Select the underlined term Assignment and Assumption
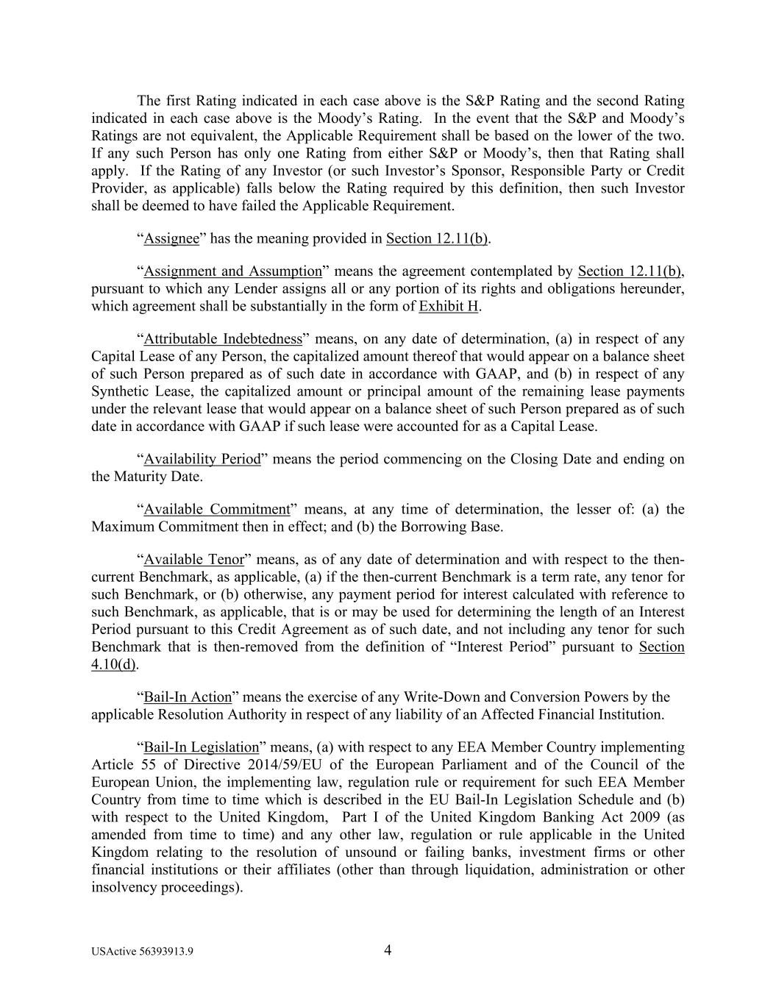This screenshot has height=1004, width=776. (x=232, y=271)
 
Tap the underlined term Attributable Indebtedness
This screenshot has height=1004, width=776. (x=223, y=339)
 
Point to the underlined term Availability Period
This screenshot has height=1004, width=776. (x=202, y=459)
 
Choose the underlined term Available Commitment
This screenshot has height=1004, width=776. (x=217, y=509)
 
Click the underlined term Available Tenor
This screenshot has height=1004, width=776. (x=193, y=559)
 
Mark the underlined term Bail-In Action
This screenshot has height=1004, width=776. (x=188, y=697)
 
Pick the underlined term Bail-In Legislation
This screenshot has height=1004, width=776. (x=202, y=747)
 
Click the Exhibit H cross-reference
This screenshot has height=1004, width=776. (x=449, y=306)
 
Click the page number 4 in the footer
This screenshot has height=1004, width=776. (x=388, y=950)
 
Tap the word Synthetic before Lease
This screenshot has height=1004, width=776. (x=120, y=391)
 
